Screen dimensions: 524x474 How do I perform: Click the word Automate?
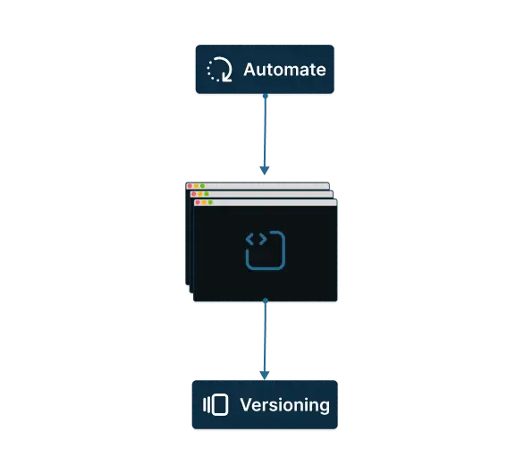(x=284, y=70)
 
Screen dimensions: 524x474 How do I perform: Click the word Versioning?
(x=284, y=405)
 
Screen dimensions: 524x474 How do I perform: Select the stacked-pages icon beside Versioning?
(x=216, y=405)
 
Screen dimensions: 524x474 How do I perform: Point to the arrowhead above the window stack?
(x=265, y=171)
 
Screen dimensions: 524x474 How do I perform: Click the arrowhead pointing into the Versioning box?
(x=265, y=376)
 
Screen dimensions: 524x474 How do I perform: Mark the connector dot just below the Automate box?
(x=266, y=96)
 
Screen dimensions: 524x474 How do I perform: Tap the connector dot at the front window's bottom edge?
(x=266, y=300)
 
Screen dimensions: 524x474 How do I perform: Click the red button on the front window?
(x=198, y=203)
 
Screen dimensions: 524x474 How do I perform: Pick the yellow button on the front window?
(x=204, y=203)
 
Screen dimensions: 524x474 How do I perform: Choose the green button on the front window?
(x=210, y=203)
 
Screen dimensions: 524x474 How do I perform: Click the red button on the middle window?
(x=193, y=194)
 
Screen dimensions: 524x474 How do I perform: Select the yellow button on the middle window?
(x=199, y=194)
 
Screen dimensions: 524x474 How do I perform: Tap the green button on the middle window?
(x=207, y=194)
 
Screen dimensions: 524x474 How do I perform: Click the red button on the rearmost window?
(x=190, y=186)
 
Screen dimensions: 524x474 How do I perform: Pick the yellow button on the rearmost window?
(x=196, y=186)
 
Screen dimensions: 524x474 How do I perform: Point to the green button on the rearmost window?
(x=202, y=186)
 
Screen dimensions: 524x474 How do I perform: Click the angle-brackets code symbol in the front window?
(x=256, y=240)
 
